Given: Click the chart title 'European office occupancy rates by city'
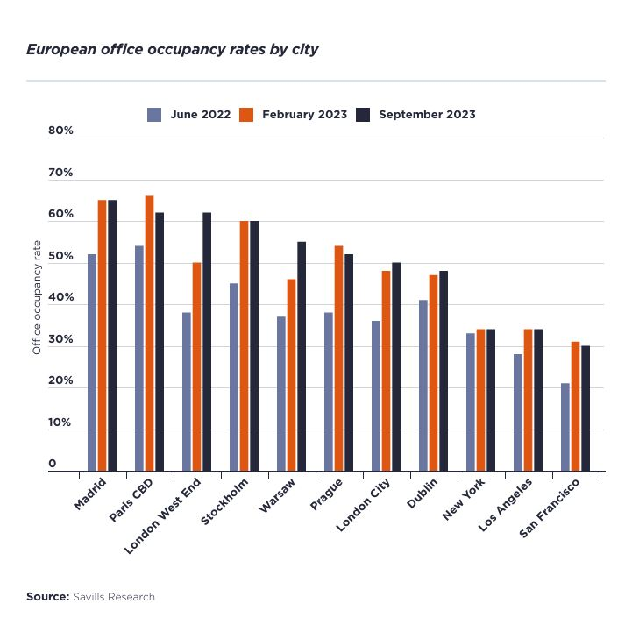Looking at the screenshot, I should click(172, 49).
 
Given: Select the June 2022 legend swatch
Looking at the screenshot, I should click(154, 114).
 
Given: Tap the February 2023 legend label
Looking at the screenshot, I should click(304, 114).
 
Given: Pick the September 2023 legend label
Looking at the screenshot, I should click(428, 114).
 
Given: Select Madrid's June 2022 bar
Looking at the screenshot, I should click(92, 362).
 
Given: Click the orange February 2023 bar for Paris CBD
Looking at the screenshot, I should click(149, 333).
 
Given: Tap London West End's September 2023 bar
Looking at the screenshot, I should click(207, 342).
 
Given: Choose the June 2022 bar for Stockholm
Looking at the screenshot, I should click(234, 377).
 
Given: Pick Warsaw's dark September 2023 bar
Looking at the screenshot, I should click(302, 356).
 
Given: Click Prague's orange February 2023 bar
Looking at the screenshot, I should click(338, 359).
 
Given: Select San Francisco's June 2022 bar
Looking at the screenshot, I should click(565, 427).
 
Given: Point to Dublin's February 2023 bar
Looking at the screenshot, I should click(433, 373).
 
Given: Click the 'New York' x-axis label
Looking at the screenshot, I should click(462, 500).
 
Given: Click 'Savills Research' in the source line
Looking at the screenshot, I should click(114, 597).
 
